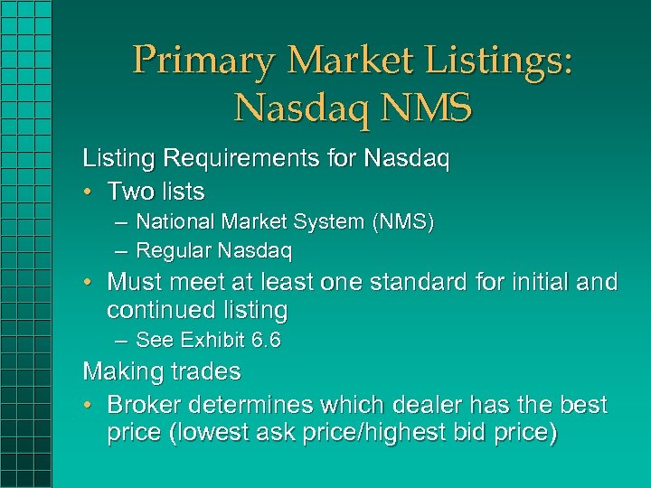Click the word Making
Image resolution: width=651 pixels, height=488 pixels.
point(119,371)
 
